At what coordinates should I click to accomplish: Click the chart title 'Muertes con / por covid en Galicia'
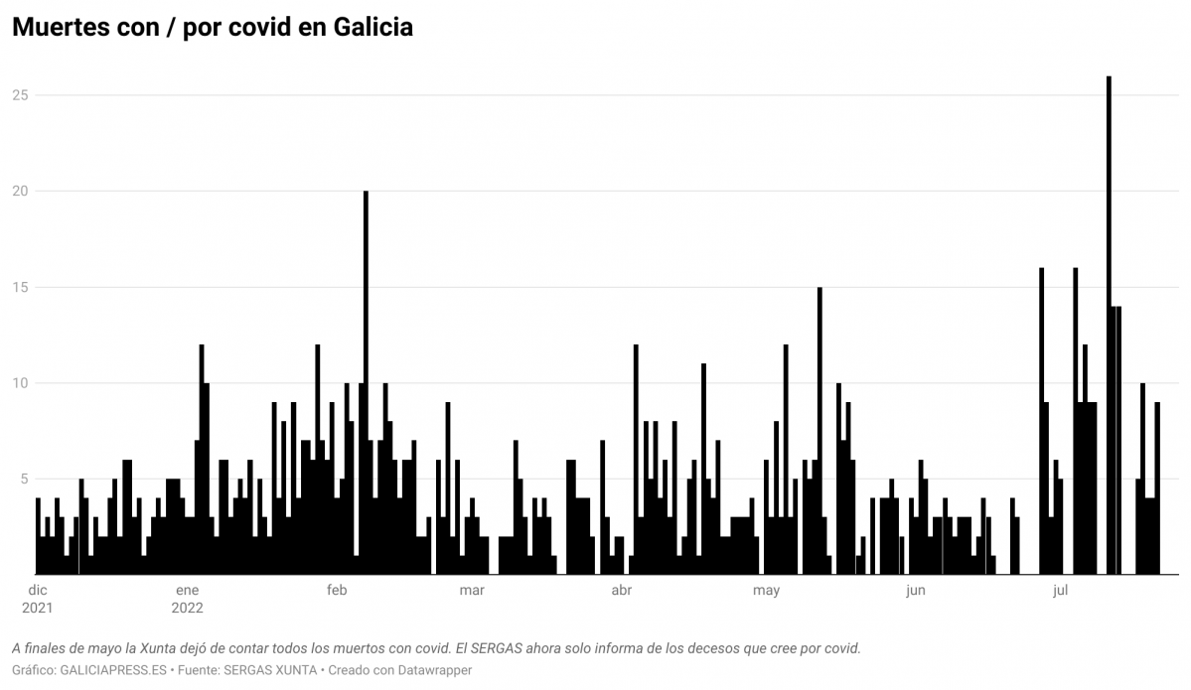(212, 28)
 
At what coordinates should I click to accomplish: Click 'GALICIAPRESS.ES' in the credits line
(113, 670)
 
